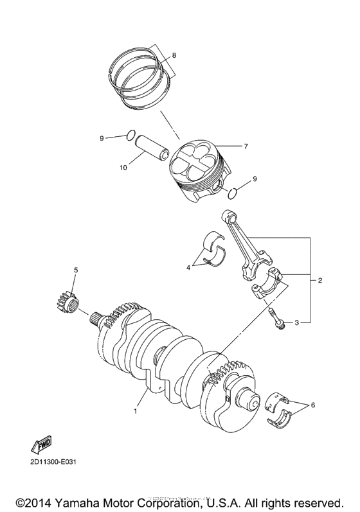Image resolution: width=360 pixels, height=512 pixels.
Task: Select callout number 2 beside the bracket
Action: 319,280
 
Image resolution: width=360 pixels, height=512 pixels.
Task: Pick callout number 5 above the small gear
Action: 76,270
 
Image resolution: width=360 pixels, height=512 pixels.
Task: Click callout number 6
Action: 313,405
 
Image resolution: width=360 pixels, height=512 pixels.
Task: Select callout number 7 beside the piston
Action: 246,146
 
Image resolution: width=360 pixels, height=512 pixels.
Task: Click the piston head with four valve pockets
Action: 195,164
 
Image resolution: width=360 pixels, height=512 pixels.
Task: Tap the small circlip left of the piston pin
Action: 130,135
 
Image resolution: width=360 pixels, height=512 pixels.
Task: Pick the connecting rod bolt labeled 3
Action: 278,318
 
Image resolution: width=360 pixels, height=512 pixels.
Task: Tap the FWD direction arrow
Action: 41,445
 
